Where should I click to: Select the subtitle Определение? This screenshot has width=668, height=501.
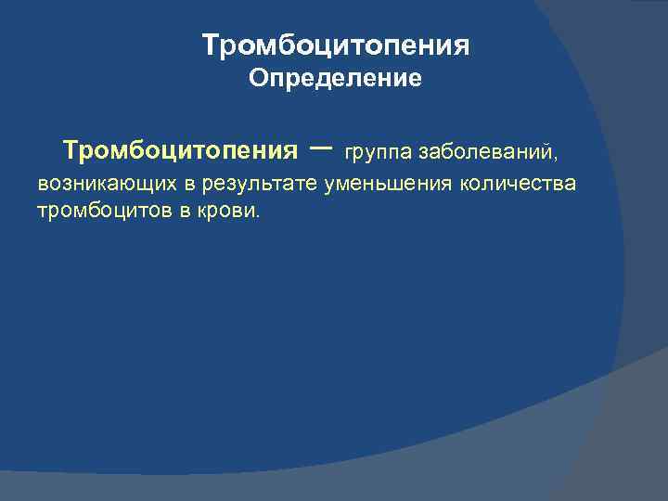coord(335,80)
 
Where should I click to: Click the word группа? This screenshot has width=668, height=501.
coord(379,151)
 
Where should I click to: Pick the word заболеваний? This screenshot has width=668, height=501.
coord(486,151)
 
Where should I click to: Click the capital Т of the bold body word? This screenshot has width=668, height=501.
coord(70,149)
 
